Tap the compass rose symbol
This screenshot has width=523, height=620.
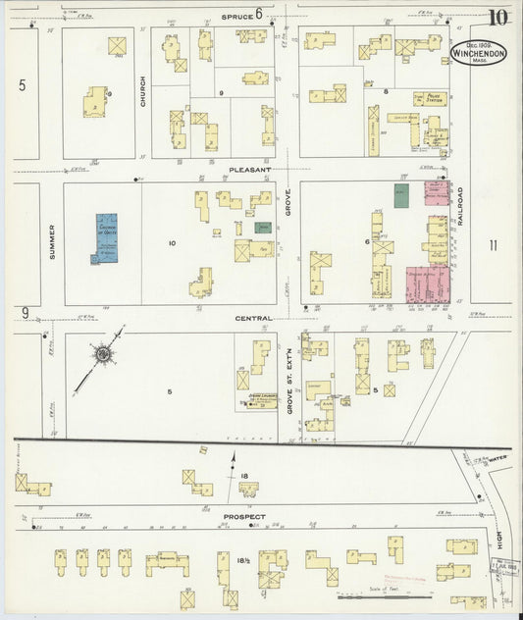click(104, 355)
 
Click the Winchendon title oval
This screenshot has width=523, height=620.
click(478, 54)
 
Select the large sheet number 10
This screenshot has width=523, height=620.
click(499, 17)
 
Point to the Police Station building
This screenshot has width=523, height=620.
click(429, 98)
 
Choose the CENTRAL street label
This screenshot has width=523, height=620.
click(252, 318)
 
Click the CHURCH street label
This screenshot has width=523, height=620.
click(142, 91)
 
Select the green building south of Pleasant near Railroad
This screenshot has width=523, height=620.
click(400, 193)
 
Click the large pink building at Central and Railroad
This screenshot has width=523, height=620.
click(426, 282)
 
